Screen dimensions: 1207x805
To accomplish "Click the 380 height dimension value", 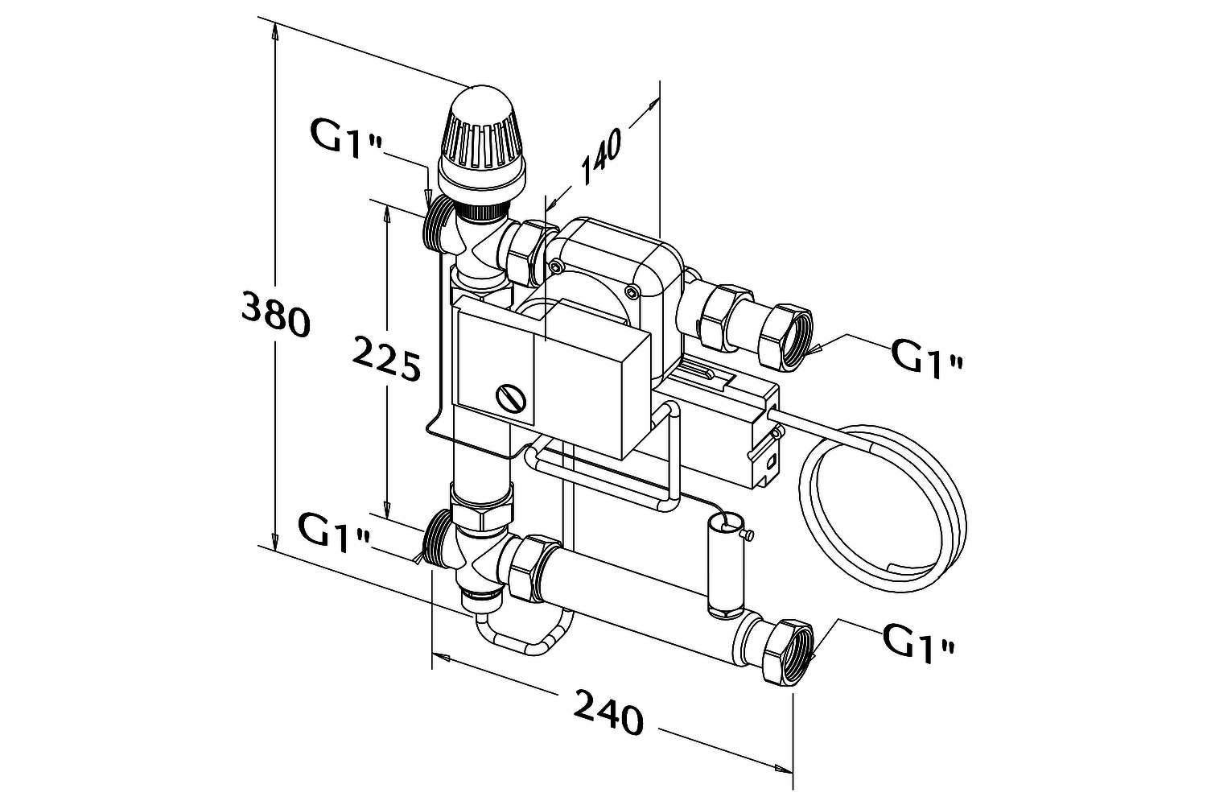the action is [275, 314].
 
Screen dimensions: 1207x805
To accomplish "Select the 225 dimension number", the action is [385, 358].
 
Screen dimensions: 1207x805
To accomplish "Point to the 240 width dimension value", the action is [608, 712].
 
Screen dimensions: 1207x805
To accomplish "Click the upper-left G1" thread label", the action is [347, 138].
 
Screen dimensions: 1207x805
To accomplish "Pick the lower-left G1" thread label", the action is [334, 533].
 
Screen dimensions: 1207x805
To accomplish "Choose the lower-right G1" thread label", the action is [918, 642].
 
